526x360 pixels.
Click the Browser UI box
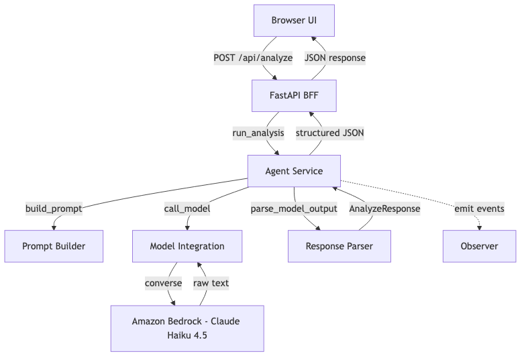pyautogui.click(x=294, y=20)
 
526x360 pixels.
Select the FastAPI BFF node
pyautogui.click(x=294, y=95)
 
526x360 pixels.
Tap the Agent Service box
pyautogui.click(x=294, y=171)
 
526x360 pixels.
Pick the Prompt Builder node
pyautogui.click(x=54, y=246)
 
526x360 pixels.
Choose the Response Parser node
pyautogui.click(x=339, y=246)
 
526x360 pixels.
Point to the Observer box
pyautogui.click(x=479, y=246)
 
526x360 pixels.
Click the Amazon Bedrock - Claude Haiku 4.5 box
pyautogui.click(x=187, y=328)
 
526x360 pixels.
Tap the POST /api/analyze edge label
pyautogui.click(x=253, y=58)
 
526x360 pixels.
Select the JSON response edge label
pyautogui.click(x=335, y=58)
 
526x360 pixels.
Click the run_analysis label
pyautogui.click(x=258, y=133)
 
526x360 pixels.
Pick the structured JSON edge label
pyautogui.click(x=330, y=133)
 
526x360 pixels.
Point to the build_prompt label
pyautogui.click(x=54, y=208)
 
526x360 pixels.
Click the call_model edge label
pyautogui.click(x=187, y=208)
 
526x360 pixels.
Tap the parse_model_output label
pyautogui.click(x=293, y=208)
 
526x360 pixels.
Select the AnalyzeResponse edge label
pyautogui.click(x=384, y=208)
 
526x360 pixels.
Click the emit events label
pyautogui.click(x=479, y=208)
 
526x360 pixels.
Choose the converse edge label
pyautogui.click(x=164, y=284)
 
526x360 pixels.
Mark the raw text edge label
pyautogui.click(x=211, y=284)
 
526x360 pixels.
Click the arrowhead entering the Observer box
pyautogui.click(x=479, y=227)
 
